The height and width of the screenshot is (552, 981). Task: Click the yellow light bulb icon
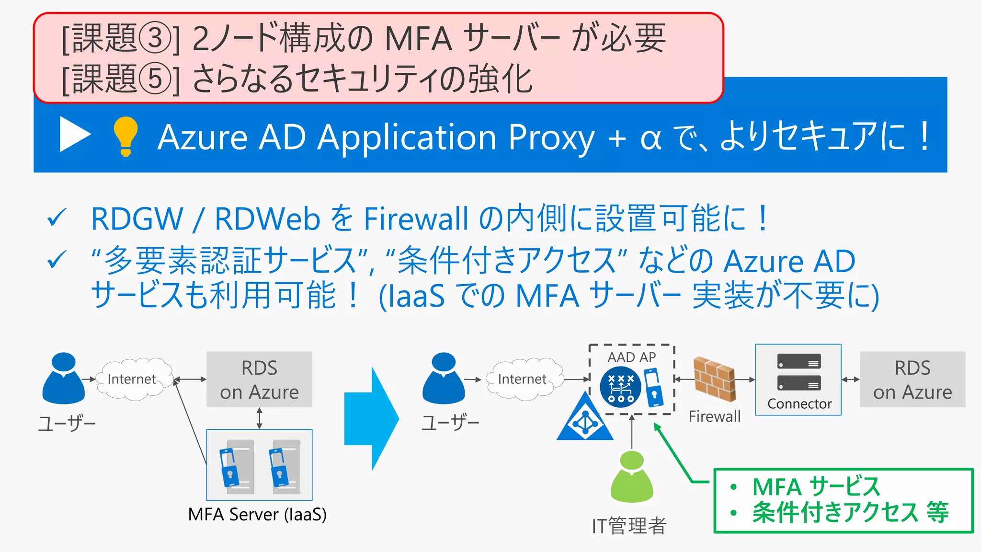point(125,136)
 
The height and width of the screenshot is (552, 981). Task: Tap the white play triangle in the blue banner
point(74,134)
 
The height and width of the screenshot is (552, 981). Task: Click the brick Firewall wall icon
point(714,379)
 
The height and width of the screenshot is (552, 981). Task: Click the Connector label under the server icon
point(799,404)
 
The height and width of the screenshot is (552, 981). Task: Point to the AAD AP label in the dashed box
point(631,357)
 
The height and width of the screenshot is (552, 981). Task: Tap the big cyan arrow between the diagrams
point(371,418)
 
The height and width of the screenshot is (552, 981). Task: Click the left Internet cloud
point(133,379)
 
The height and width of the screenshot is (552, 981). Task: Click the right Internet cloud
point(523,379)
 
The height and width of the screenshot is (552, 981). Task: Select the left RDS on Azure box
point(259,379)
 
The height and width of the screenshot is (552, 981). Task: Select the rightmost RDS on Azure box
point(912,379)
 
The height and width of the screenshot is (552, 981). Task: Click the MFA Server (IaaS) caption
point(257,514)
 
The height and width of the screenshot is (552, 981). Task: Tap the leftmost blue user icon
point(63,379)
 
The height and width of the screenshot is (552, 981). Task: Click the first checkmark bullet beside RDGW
point(57,218)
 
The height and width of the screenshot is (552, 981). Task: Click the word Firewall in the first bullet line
point(415,218)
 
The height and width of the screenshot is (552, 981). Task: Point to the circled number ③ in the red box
point(154,38)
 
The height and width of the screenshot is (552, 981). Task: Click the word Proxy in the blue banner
point(551,138)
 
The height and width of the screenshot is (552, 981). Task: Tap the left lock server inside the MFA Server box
point(234,466)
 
